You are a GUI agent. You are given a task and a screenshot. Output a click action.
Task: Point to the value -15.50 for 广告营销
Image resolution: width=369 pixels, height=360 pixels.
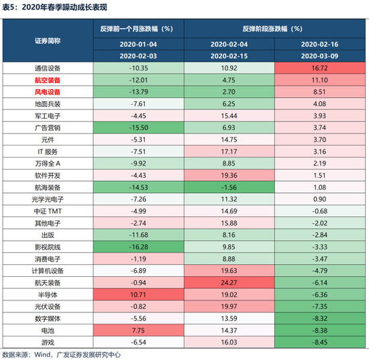point(138,127)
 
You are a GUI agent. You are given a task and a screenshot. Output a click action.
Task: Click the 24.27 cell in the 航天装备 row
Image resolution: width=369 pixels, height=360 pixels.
point(229,283)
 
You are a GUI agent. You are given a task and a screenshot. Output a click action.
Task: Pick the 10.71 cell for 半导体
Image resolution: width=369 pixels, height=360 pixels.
point(138,294)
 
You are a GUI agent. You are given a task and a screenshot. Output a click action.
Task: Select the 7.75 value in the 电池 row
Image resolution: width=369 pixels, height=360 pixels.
point(138,331)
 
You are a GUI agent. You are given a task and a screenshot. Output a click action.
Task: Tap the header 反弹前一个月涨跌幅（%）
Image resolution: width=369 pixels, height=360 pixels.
point(138,29)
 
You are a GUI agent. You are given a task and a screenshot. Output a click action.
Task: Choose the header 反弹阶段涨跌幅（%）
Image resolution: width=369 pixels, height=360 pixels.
point(275,29)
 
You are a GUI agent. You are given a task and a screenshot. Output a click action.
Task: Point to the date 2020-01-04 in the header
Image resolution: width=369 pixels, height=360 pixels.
point(138,44)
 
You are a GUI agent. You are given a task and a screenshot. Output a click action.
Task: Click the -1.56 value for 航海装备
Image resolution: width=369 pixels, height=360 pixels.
point(229,187)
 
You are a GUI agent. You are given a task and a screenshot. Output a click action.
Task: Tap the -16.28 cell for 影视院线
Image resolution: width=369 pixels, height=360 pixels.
point(138,247)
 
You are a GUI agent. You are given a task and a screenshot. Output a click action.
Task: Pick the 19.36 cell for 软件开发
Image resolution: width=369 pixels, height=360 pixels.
point(229,175)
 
